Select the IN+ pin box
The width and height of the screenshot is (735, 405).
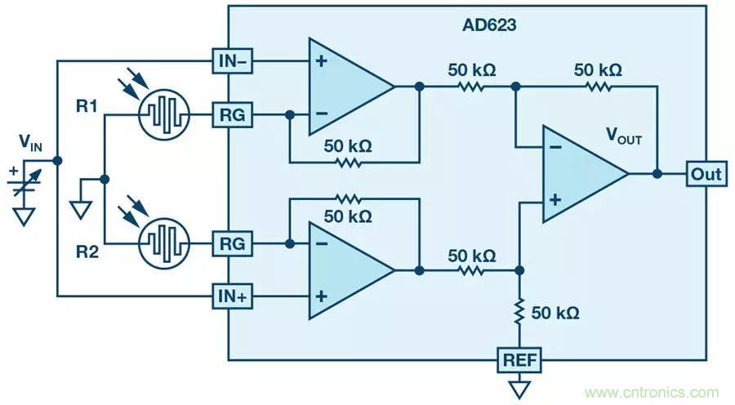231,296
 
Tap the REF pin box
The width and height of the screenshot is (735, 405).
519,359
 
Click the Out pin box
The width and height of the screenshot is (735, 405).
706,174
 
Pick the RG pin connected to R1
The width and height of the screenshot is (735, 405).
232,115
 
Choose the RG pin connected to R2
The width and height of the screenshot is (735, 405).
232,243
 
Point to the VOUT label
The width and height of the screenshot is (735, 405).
623,136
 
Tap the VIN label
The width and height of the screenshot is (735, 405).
31,145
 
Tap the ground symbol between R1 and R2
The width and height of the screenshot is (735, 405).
80,210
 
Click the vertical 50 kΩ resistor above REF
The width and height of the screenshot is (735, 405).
519,313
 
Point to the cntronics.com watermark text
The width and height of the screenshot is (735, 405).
653,392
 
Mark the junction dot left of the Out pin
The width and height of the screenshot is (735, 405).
657,174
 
